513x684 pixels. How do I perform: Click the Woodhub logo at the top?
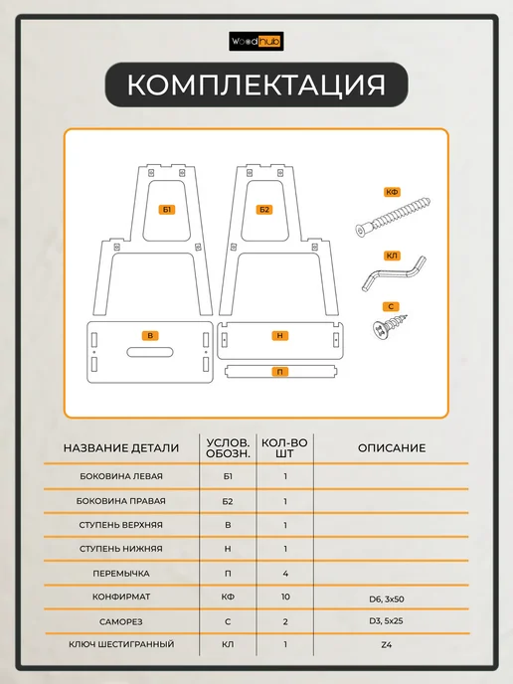point(256,42)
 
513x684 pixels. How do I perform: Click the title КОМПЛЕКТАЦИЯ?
point(256,85)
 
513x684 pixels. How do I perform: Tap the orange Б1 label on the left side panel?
point(167,210)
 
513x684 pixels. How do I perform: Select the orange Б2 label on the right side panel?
point(264,210)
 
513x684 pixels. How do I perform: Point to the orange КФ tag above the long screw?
point(392,192)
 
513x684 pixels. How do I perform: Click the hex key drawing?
point(394,274)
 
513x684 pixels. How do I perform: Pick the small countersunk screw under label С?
point(390,326)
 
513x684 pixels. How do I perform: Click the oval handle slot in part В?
point(150,352)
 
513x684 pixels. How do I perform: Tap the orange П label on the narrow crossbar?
point(279,372)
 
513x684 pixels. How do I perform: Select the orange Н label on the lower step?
point(279,335)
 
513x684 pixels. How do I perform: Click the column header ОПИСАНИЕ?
point(392,448)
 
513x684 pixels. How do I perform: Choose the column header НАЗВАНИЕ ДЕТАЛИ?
point(121,448)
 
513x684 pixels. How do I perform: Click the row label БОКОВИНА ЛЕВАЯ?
point(121,476)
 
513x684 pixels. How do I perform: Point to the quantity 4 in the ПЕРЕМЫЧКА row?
point(285,574)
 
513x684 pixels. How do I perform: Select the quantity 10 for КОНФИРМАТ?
point(285,597)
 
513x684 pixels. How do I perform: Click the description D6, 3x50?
point(387,598)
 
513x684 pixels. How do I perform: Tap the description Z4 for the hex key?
point(387,644)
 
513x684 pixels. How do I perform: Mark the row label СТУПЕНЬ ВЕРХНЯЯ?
point(121,525)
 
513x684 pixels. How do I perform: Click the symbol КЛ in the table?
point(228,644)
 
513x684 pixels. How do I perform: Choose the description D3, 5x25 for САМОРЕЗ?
point(386,620)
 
